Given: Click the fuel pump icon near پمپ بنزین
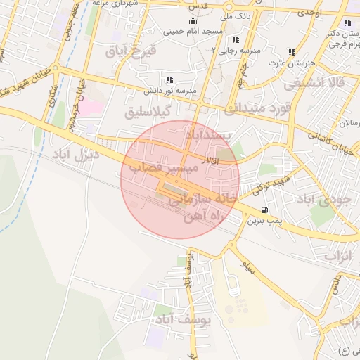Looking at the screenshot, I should tap(264, 209).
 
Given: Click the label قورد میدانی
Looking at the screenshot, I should tap(257, 109).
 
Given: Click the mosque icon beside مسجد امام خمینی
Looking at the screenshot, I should tap(193, 21).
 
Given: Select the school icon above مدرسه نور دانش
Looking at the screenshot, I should tap(169, 79).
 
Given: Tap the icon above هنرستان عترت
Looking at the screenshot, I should tap(292, 52).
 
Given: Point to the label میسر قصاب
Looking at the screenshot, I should tap(155, 167).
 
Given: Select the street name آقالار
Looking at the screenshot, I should tap(210, 162).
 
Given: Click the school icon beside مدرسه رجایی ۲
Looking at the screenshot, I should tap(234, 40).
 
